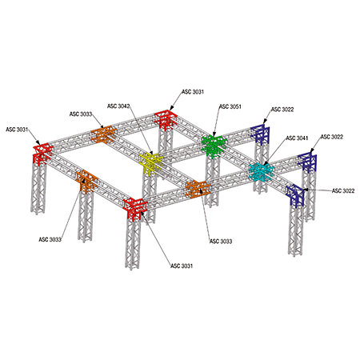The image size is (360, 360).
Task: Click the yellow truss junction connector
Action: click(x=151, y=163)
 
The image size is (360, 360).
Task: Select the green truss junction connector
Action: click(x=214, y=146)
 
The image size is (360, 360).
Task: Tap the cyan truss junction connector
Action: click(x=261, y=172)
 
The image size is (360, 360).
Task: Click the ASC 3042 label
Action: click(x=118, y=106)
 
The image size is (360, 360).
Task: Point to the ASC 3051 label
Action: click(x=230, y=106)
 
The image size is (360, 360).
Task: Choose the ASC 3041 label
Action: click(x=297, y=138)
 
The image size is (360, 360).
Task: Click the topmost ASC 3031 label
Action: click(x=193, y=92)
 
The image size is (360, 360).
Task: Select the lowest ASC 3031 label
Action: click(x=182, y=266)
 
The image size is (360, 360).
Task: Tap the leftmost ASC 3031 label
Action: click(x=17, y=130)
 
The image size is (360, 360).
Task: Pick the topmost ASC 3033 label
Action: click(x=81, y=114)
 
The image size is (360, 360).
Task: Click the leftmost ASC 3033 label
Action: click(x=50, y=239)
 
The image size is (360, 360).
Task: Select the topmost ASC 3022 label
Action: click(x=282, y=110)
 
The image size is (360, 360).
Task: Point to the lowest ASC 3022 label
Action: click(x=343, y=190)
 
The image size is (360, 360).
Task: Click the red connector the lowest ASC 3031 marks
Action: click(x=135, y=209)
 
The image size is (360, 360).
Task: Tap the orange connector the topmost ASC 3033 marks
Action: click(x=104, y=134)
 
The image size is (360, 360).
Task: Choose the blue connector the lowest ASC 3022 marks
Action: click(x=295, y=196)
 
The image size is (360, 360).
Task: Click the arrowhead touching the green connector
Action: click(x=214, y=135)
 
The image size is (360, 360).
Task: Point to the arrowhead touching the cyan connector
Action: click(x=266, y=163)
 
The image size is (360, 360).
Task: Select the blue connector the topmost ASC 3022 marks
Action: click(x=260, y=134)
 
